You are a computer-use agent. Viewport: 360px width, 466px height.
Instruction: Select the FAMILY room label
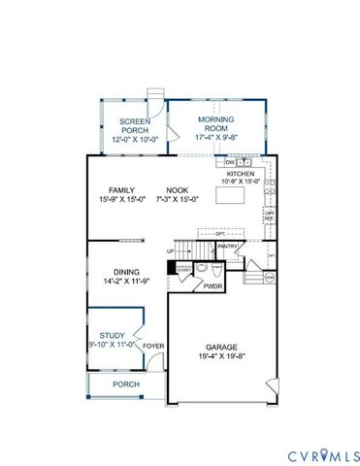click(121, 190)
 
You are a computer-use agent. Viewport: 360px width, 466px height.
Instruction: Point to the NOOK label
click(177, 190)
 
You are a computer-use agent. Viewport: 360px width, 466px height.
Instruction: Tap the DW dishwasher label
click(230, 162)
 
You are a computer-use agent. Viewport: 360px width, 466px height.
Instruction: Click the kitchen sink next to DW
click(244, 162)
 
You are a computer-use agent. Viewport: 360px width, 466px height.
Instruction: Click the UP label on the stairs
click(172, 252)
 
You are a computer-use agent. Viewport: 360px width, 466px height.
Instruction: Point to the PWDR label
click(213, 286)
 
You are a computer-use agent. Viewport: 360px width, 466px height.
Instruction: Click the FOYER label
click(153, 345)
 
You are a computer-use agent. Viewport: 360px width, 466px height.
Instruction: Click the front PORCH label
click(125, 384)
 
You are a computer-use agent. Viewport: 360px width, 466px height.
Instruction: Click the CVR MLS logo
click(321, 454)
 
